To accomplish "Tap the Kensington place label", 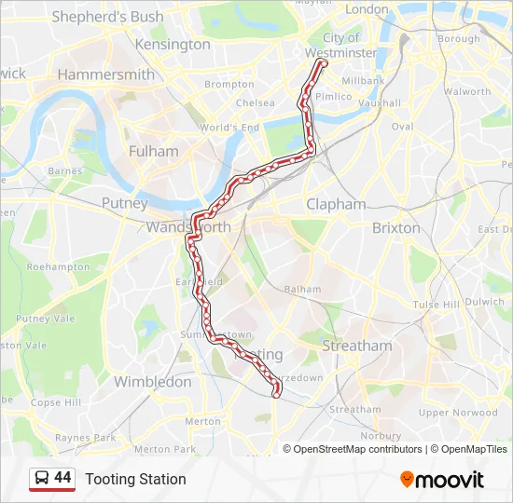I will tap(173, 44).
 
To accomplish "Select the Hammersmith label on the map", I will tap(105, 75).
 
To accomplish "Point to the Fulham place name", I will tap(153, 151).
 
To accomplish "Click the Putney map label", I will tap(124, 203).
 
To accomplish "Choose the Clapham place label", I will tap(336, 204).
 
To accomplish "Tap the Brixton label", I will tap(396, 227).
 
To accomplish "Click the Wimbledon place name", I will tap(152, 381).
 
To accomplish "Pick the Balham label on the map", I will tap(302, 290).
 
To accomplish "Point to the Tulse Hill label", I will tap(437, 305).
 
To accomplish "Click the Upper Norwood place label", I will tap(458, 412).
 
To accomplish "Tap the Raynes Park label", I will tap(85, 437).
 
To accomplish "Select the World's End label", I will tap(229, 128).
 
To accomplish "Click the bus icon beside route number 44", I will tap(41, 479).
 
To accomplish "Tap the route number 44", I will tap(62, 478).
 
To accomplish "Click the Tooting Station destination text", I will tap(135, 479).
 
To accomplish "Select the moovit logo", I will tap(442, 480).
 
